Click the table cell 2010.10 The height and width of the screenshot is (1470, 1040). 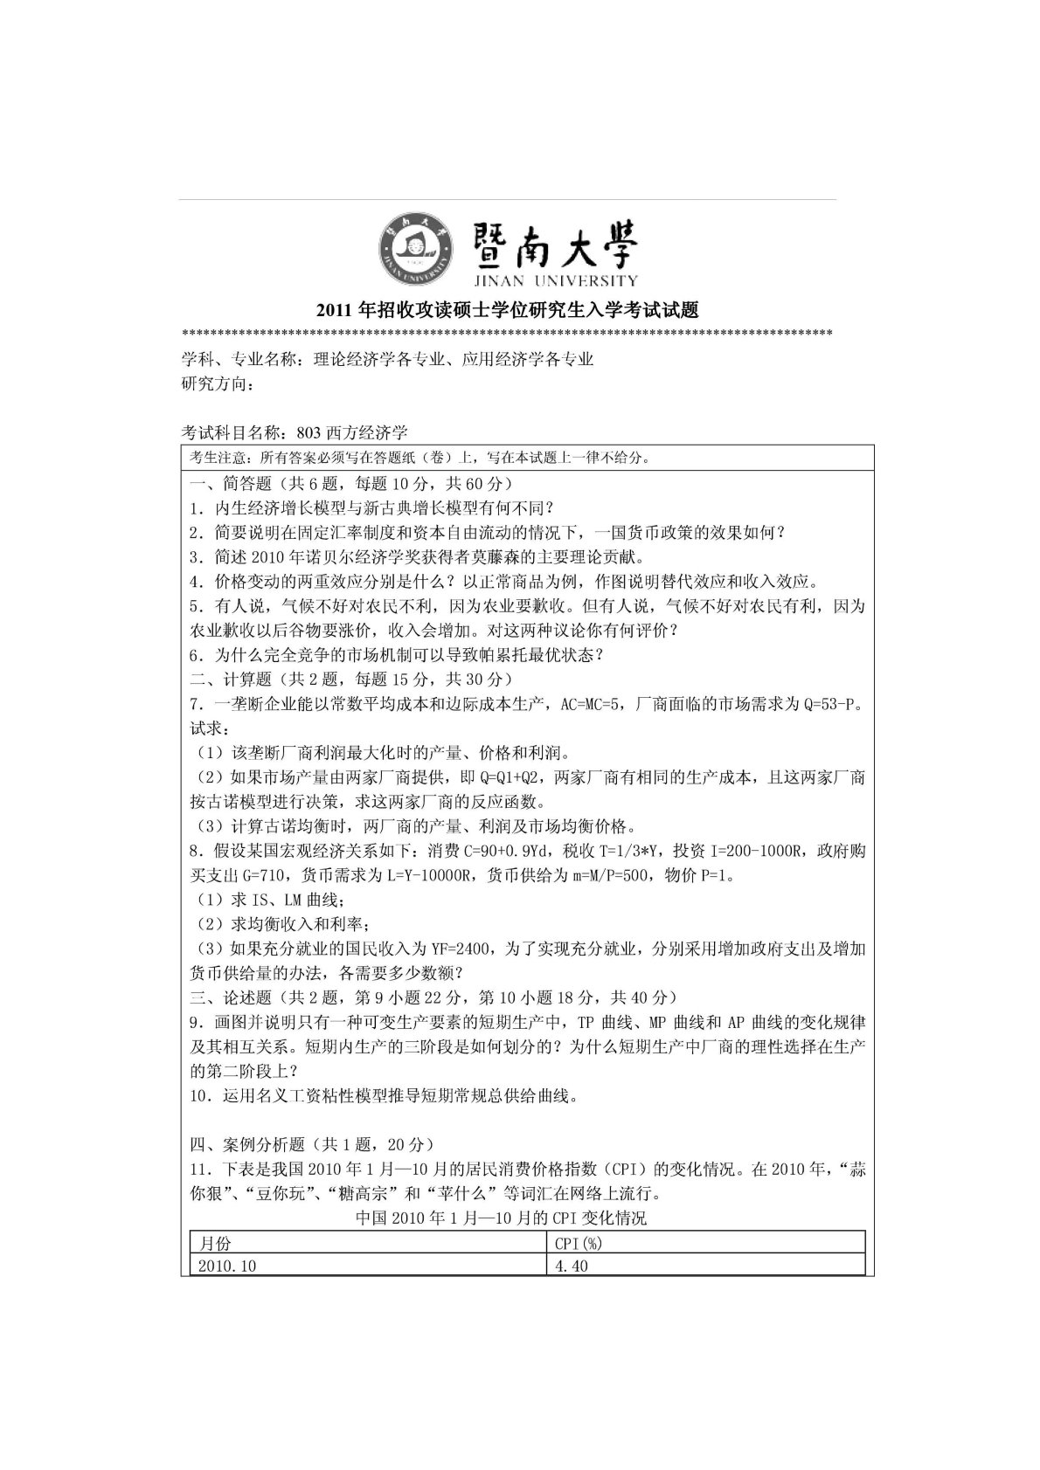pyautogui.click(x=227, y=1266)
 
